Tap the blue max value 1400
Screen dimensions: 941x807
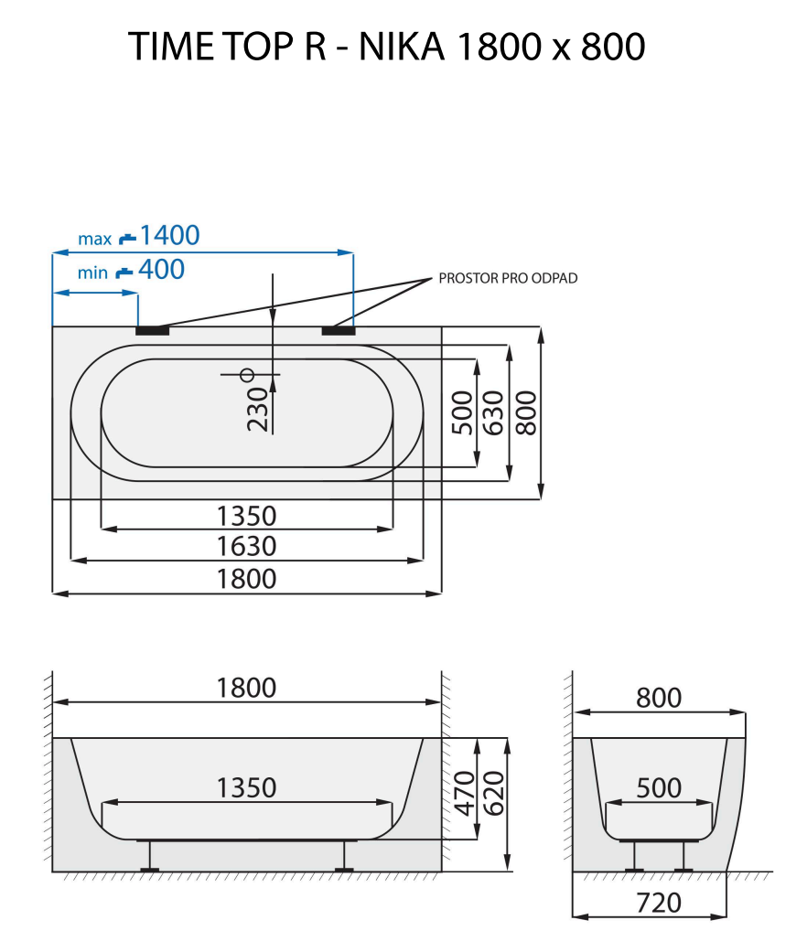point(169,236)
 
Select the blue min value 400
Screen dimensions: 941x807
point(161,270)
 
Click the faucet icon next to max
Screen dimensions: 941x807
point(127,238)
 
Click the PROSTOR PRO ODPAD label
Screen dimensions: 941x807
point(508,278)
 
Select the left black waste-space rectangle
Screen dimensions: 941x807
point(152,330)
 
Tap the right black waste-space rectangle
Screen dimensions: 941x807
point(339,330)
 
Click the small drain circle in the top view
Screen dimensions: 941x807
point(246,374)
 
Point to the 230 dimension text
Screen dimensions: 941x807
point(259,408)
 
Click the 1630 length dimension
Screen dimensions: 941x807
point(246,547)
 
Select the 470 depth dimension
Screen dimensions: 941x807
point(464,792)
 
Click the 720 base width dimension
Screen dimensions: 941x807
point(658,903)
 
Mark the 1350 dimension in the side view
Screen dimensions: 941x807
point(246,787)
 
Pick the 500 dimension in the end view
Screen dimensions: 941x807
point(658,787)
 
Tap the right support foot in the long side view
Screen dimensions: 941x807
point(343,856)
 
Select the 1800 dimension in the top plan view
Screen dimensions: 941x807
point(246,579)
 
